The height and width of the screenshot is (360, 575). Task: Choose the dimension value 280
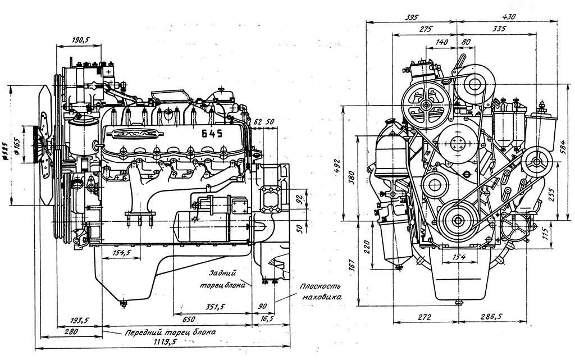tap(70, 332)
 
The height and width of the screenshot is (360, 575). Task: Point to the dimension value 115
tap(546, 231)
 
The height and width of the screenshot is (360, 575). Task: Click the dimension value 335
tap(499, 28)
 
